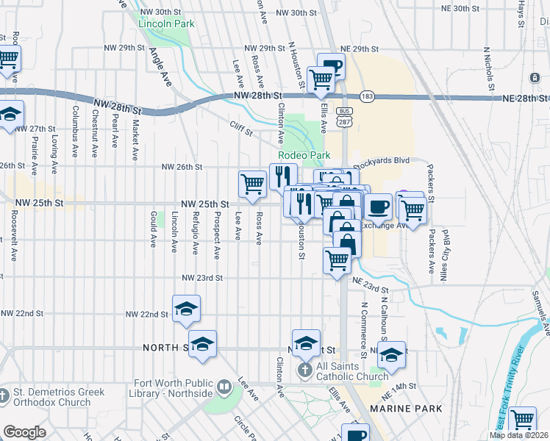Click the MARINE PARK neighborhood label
[x=406, y=408]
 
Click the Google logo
[x=24, y=432]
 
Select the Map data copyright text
[x=518, y=435]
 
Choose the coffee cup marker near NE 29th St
[x=331, y=67]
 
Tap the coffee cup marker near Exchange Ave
[x=377, y=207]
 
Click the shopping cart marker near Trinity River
[x=522, y=419]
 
